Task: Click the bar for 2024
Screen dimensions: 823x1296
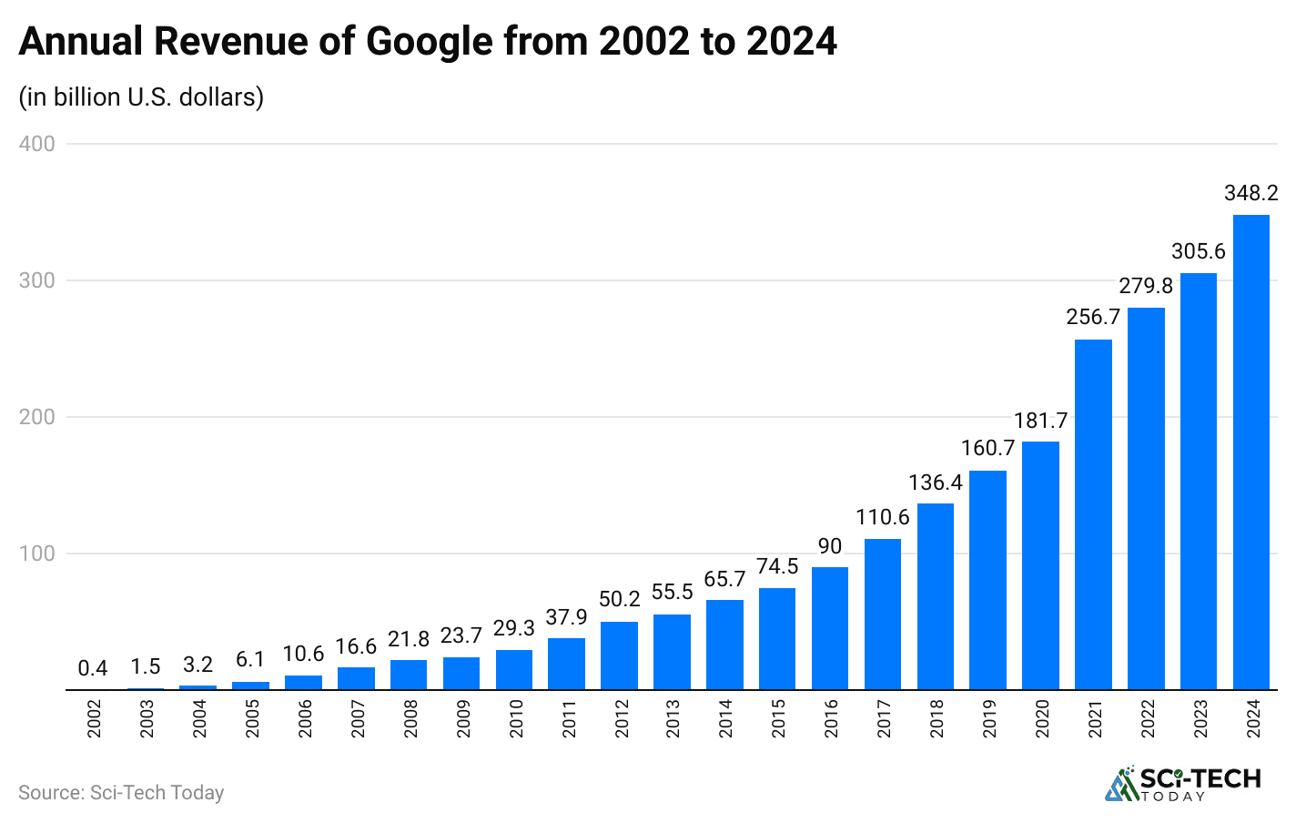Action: click(1250, 452)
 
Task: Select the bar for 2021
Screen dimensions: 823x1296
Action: click(1093, 514)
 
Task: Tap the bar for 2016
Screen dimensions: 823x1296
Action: click(830, 628)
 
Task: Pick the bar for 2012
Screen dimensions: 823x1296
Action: click(619, 655)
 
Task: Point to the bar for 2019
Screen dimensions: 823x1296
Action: click(987, 580)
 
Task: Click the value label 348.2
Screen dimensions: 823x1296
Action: click(1250, 193)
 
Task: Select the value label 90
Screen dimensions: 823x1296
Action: click(830, 546)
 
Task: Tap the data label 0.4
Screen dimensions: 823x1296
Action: click(93, 668)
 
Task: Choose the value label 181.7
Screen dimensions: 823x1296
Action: click(1040, 421)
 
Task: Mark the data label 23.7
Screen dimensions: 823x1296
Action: click(461, 635)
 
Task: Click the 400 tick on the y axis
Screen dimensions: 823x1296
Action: click(37, 144)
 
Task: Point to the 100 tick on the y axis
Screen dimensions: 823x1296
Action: click(37, 554)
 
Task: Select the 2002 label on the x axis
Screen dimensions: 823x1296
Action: click(95, 718)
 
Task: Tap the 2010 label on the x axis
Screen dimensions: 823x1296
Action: click(516, 718)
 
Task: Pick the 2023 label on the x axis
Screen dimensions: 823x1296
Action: click(1200, 718)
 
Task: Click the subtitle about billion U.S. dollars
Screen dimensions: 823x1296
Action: click(141, 97)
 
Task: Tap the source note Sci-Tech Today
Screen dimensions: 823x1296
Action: click(121, 793)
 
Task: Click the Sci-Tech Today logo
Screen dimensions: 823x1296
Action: click(1182, 784)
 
